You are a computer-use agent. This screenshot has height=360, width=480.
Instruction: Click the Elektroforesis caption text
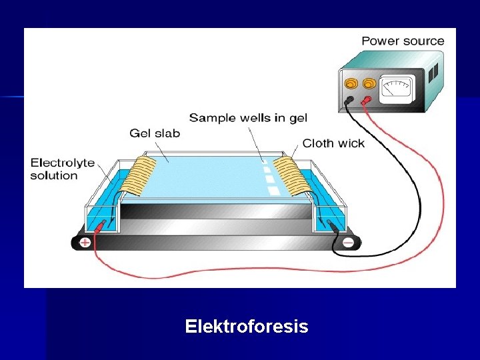pyautogui.click(x=247, y=327)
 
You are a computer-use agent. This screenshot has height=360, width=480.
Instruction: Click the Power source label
pyautogui.click(x=403, y=41)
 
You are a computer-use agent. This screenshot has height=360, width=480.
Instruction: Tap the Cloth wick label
pyautogui.click(x=333, y=143)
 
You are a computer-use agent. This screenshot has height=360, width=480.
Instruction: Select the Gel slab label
pyautogui.click(x=155, y=133)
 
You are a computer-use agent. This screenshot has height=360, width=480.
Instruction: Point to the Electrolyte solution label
pyautogui.click(x=63, y=169)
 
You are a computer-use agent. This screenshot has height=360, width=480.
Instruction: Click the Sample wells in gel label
pyautogui.click(x=248, y=118)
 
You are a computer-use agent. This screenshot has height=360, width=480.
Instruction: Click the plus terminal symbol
pyautogui.click(x=85, y=243)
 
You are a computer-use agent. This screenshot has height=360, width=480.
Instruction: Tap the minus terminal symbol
pyautogui.click(x=348, y=243)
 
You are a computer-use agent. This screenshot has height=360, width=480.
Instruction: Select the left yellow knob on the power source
pyautogui.click(x=351, y=84)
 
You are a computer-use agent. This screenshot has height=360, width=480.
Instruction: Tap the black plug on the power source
pyautogui.click(x=349, y=101)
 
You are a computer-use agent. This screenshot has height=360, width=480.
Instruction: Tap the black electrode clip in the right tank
pyautogui.click(x=331, y=227)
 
